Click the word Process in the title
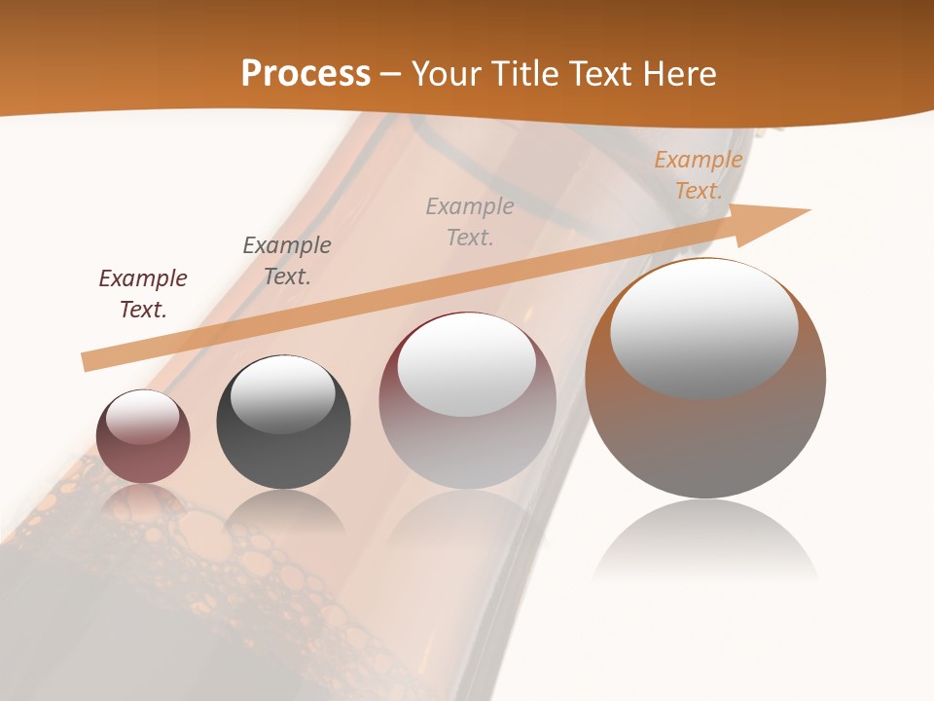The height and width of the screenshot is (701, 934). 305,74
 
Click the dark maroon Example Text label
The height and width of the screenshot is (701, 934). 143,294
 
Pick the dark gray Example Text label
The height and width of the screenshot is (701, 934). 287,260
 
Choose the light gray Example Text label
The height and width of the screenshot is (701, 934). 470,221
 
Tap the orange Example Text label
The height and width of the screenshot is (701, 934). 699,175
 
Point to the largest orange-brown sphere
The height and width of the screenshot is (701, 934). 705,438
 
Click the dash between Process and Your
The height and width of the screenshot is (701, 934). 391,74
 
